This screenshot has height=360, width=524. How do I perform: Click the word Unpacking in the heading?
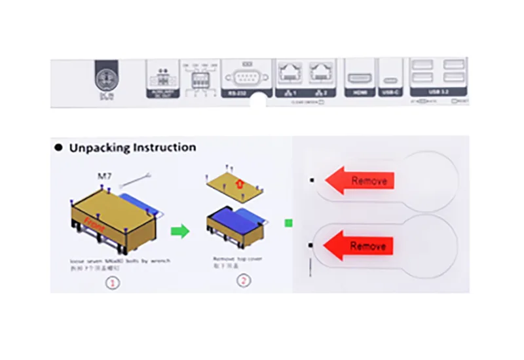click(99, 148)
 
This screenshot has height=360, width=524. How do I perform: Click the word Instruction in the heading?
click(163, 148)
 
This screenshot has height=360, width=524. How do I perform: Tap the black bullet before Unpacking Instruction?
click(58, 148)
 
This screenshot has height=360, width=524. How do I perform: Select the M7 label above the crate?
click(105, 175)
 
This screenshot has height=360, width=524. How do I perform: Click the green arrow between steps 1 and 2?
click(180, 230)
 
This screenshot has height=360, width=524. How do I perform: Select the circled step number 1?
click(112, 283)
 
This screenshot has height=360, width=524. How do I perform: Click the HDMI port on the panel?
click(359, 78)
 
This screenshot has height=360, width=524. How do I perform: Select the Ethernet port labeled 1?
click(289, 73)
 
